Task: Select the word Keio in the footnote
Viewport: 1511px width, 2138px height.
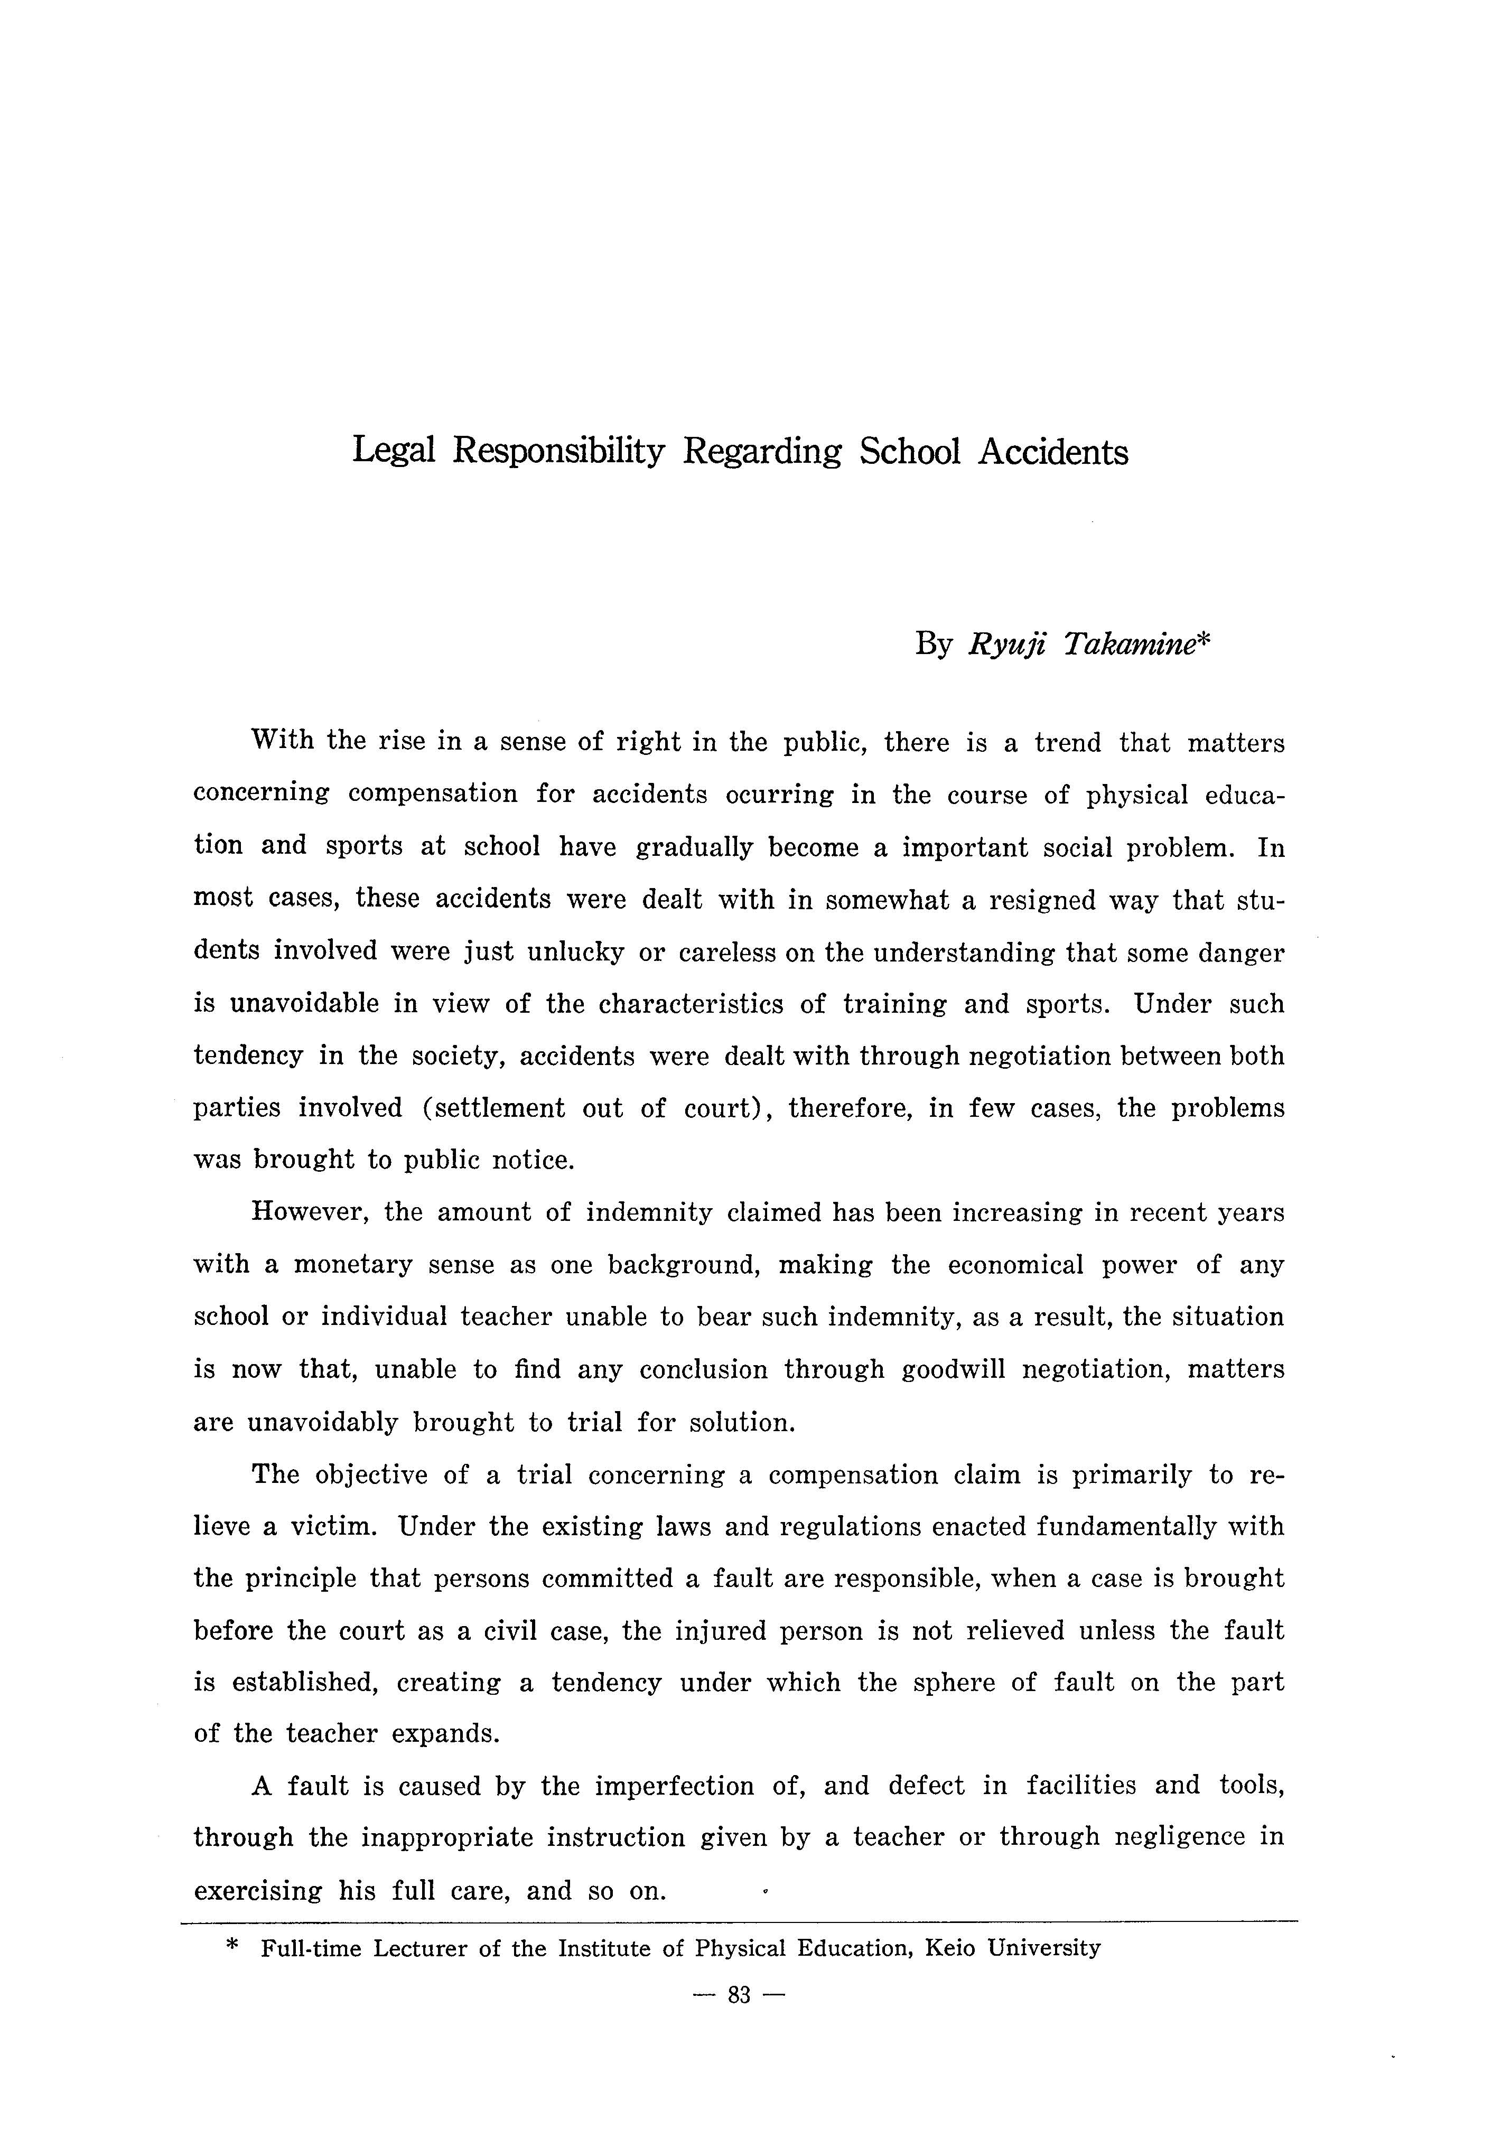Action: [949, 1947]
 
